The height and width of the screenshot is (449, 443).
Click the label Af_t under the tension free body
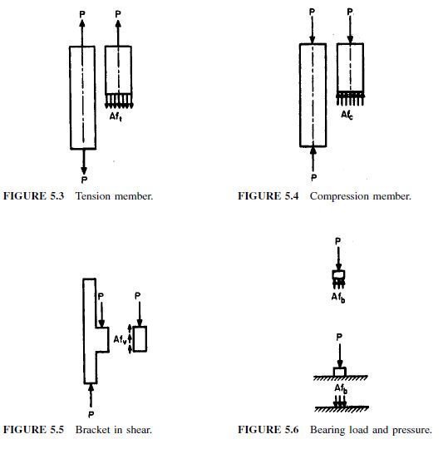pos(116,116)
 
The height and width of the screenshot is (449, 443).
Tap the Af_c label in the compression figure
pos(347,115)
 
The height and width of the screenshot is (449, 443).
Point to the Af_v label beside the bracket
pos(120,339)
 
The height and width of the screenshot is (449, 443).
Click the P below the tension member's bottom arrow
pos(84,180)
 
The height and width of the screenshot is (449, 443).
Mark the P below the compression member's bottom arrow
pos(313,178)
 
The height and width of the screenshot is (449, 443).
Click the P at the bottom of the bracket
pos(91,414)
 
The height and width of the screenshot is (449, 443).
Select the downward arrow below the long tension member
pos(84,162)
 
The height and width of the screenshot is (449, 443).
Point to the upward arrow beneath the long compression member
pos(313,160)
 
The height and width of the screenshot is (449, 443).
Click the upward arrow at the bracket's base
pos(91,396)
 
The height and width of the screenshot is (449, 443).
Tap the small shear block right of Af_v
pos(140,338)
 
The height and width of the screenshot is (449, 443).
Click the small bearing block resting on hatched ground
pos(340,372)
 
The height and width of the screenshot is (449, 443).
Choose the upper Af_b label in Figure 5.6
pos(338,298)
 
